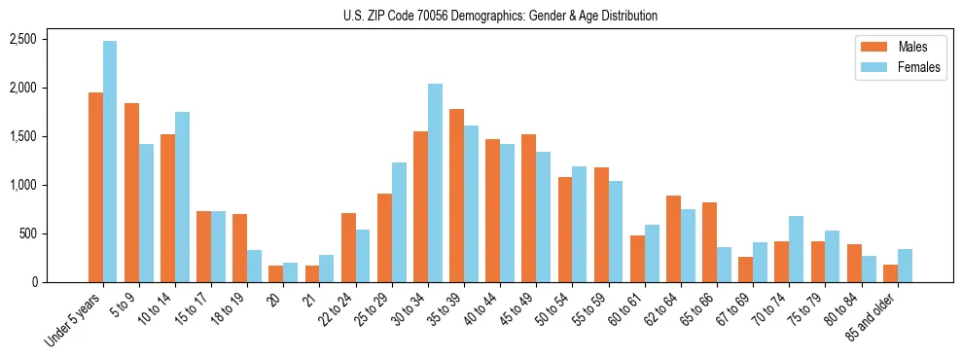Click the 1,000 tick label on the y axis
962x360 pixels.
(22, 185)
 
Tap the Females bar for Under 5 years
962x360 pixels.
(110, 162)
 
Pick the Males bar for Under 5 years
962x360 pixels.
(95, 187)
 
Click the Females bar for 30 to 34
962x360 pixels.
(435, 183)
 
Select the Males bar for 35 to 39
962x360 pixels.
(456, 196)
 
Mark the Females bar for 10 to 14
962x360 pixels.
(182, 197)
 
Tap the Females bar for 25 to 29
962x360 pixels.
(399, 222)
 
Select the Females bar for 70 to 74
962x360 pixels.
(796, 249)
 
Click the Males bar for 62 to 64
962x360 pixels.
(673, 238)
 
